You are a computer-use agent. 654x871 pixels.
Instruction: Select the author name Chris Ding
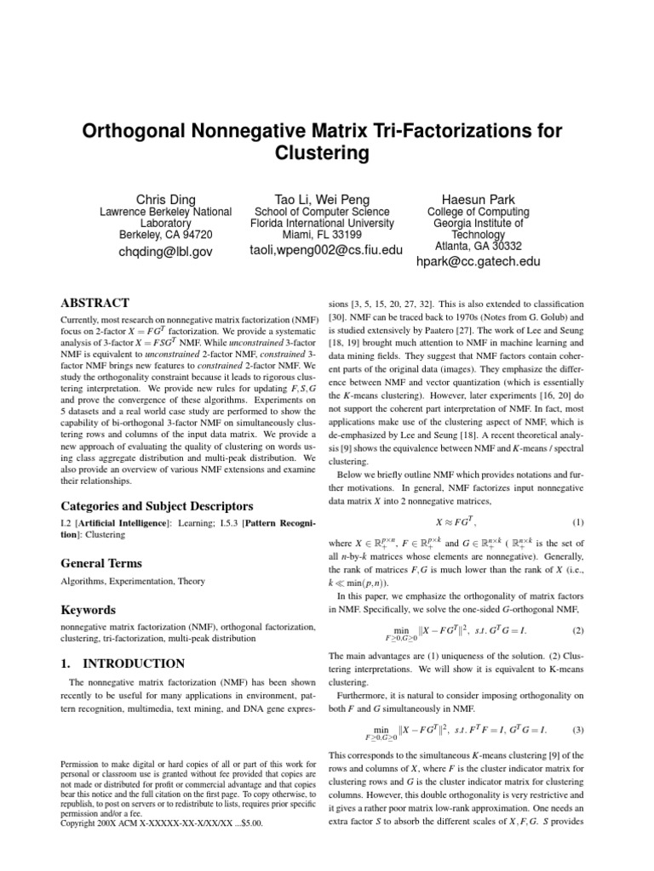click(x=156, y=199)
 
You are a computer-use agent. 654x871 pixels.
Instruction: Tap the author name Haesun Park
click(x=478, y=199)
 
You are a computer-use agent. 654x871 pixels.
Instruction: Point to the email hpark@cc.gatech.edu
click(x=478, y=262)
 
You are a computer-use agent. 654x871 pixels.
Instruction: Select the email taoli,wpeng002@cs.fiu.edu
click(x=314, y=251)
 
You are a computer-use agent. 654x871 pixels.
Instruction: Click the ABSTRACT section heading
click(x=95, y=303)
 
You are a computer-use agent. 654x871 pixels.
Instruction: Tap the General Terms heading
click(x=100, y=563)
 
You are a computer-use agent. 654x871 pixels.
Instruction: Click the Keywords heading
click(x=88, y=610)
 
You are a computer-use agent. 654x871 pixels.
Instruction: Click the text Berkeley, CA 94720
click(x=156, y=234)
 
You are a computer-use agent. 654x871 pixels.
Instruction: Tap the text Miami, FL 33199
click(x=313, y=234)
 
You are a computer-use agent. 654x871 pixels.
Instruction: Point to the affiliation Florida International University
click(x=313, y=223)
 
